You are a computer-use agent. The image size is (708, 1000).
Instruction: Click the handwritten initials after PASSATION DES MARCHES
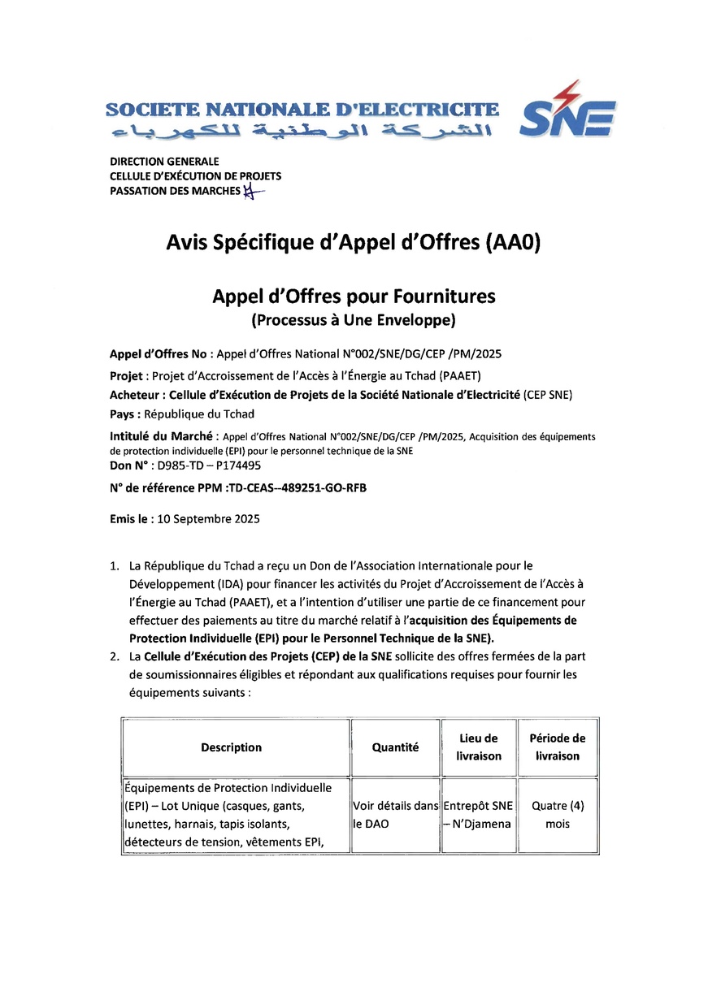254,192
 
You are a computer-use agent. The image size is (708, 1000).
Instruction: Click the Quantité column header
395,747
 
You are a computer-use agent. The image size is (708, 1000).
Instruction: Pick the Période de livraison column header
557,747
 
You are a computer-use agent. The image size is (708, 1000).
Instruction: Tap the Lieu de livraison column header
479,747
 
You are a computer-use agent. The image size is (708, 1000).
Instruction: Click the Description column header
232,747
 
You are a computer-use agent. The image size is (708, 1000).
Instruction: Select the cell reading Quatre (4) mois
557,815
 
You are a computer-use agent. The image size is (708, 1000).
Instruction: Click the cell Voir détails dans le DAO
394,815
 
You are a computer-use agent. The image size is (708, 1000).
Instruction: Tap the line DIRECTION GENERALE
164,162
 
